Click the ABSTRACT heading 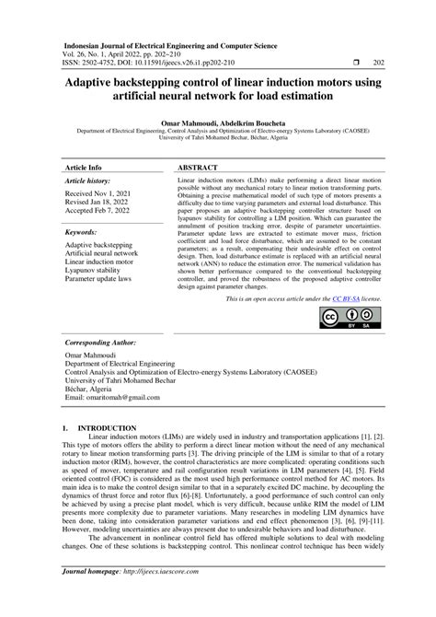[x=199, y=168]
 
